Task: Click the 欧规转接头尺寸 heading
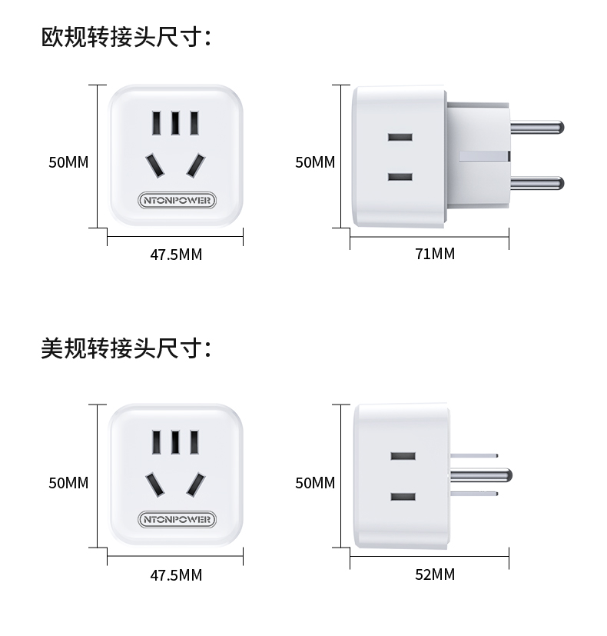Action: [125, 37]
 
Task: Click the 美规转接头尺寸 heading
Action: [125, 348]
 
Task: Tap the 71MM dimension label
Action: [435, 254]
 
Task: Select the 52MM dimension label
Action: [435, 574]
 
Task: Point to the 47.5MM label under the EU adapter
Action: [176, 254]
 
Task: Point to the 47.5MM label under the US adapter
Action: [176, 574]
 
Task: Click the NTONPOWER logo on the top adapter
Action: [177, 200]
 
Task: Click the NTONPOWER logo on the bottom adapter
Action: [177, 519]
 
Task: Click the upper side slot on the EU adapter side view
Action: [400, 138]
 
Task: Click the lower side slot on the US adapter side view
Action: [403, 496]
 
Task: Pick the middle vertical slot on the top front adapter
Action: [176, 123]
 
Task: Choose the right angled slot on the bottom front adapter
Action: [197, 484]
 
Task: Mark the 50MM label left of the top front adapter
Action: [68, 162]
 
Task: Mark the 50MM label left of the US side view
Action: [315, 483]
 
